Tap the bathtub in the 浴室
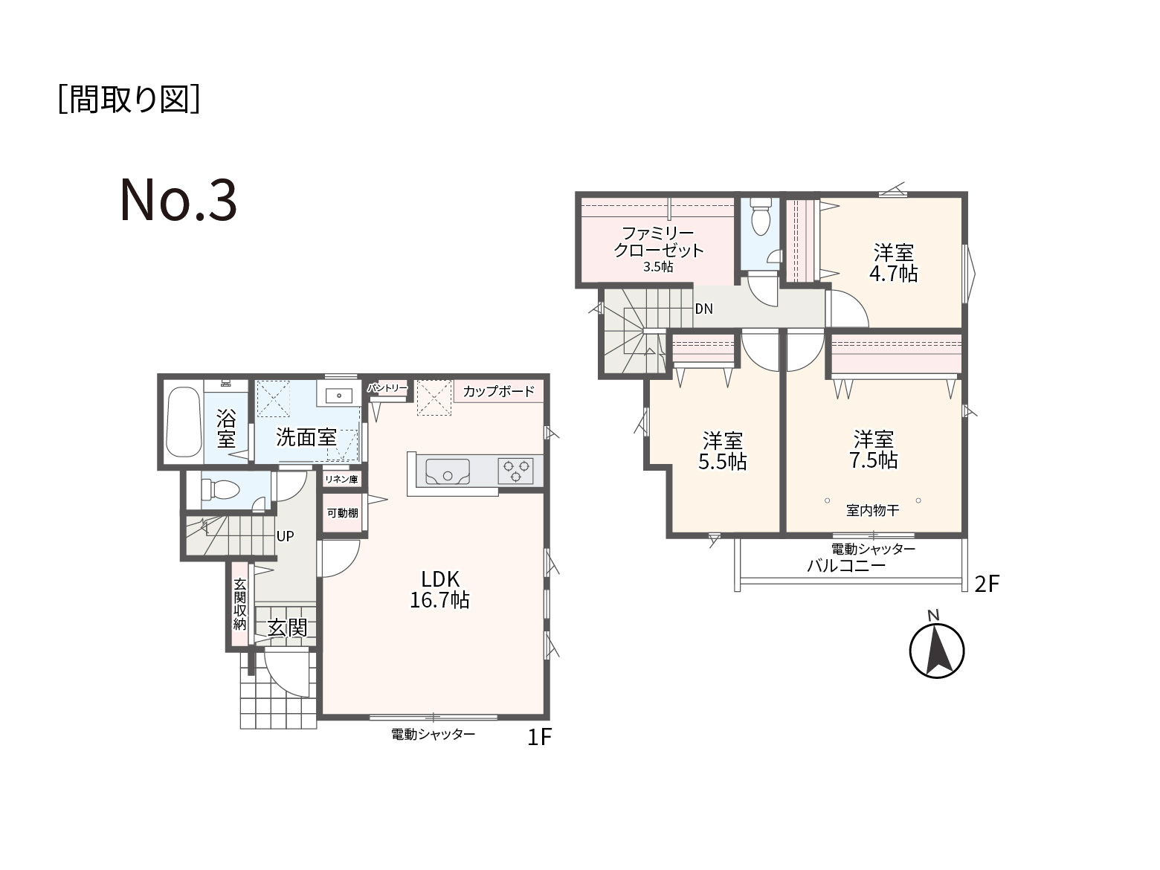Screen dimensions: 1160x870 [x=184, y=422]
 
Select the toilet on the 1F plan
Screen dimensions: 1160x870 [x=221, y=489]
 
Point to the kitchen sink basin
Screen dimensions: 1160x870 [x=448, y=471]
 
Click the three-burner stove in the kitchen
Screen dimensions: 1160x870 [x=516, y=471]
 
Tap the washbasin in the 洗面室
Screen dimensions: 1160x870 [x=339, y=395]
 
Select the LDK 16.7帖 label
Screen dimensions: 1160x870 [x=439, y=590]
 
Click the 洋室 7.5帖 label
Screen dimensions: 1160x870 [x=873, y=450]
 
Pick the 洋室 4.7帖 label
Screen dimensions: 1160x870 [x=893, y=263]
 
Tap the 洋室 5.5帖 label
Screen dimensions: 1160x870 [x=723, y=451]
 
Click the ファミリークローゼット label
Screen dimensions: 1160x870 [x=658, y=242]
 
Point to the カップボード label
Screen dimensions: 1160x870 [x=498, y=391]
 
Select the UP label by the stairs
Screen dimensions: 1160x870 [x=285, y=536]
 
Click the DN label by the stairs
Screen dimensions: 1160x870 [x=703, y=309]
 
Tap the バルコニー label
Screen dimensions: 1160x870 [x=845, y=567]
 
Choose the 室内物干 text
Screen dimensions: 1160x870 [x=872, y=510]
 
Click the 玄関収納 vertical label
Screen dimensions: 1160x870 [x=240, y=604]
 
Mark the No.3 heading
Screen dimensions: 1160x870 [x=178, y=200]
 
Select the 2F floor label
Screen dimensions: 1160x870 [x=987, y=584]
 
